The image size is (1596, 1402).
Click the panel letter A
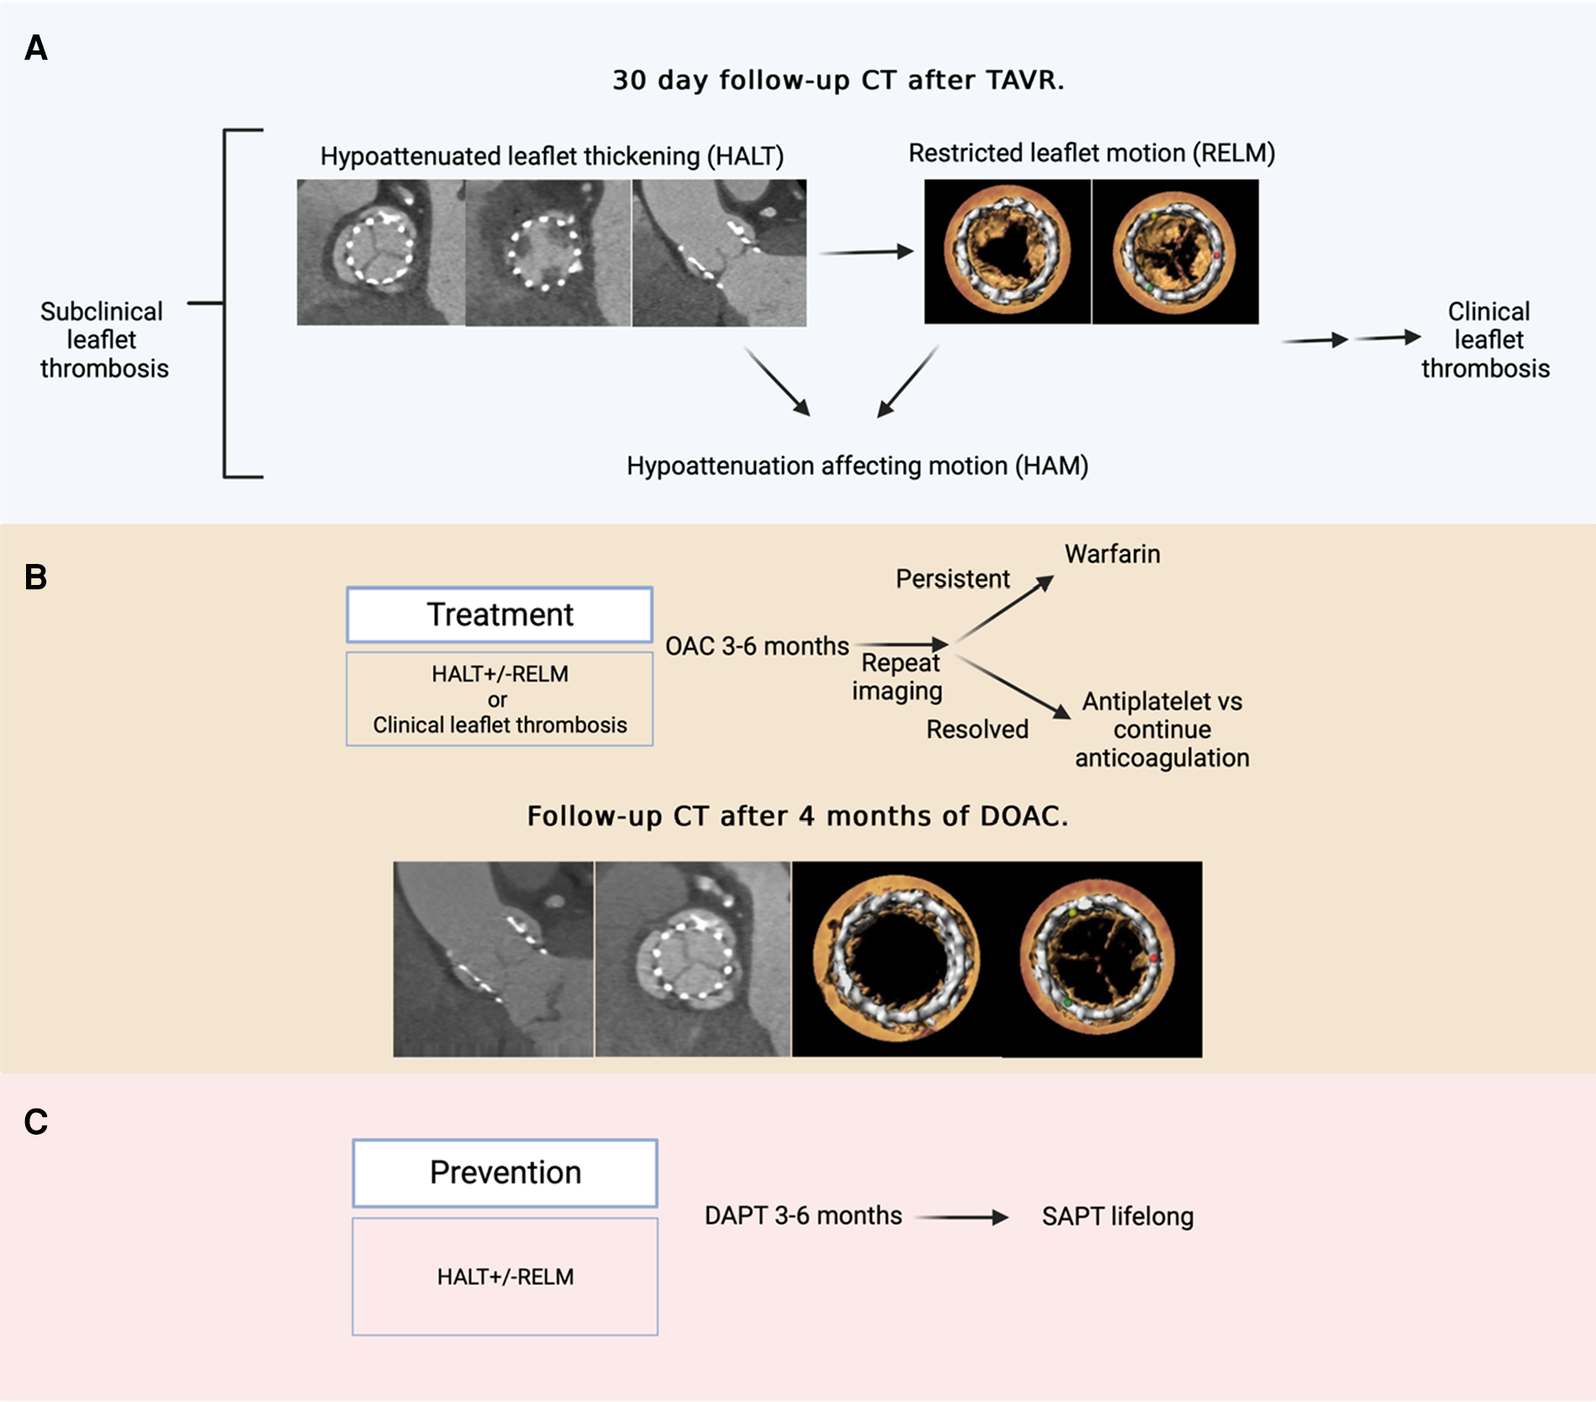(36, 49)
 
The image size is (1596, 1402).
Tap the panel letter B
(36, 577)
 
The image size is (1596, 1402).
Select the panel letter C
(36, 1122)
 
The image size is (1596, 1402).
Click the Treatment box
(499, 614)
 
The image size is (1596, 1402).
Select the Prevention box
(505, 1173)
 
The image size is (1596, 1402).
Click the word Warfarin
(1112, 554)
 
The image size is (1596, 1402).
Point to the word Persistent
(953, 578)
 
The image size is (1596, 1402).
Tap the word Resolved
(977, 729)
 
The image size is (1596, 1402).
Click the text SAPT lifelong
(1117, 1216)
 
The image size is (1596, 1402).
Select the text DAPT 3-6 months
(803, 1215)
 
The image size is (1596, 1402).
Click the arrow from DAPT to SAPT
(961, 1216)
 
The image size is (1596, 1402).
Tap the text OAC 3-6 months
(757, 646)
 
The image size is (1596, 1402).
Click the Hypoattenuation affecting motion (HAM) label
(857, 466)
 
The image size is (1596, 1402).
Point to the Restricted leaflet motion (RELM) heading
(1091, 153)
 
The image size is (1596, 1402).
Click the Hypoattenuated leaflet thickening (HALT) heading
(551, 156)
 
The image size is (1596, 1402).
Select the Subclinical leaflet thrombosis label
(103, 340)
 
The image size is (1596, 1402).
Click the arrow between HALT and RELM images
(866, 251)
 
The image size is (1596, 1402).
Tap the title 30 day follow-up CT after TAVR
(837, 80)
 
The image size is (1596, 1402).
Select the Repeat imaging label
(897, 677)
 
